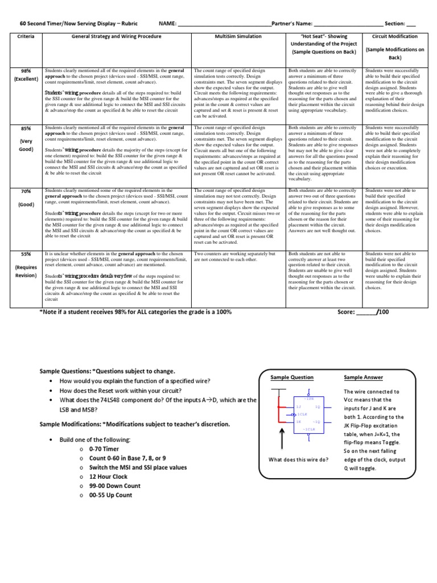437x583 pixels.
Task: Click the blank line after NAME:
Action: point(225,24)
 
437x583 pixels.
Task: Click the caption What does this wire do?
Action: point(298,459)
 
